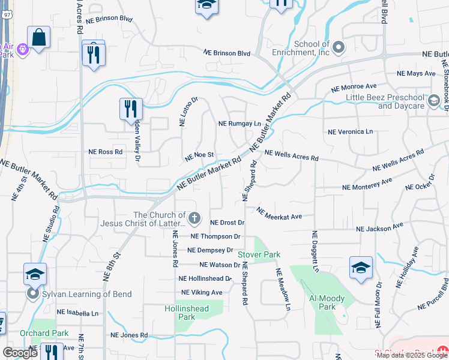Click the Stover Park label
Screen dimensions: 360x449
[x=259, y=254]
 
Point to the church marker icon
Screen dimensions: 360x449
[x=194, y=217]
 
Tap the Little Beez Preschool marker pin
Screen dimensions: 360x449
[x=434, y=101]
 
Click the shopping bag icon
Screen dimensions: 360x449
[x=38, y=38]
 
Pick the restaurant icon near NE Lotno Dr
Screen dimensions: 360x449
[x=131, y=109]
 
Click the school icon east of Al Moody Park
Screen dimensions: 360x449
[x=361, y=268]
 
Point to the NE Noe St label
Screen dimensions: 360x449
[x=200, y=156]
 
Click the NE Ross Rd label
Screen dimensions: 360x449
[x=106, y=152]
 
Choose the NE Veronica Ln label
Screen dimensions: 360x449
[x=350, y=131]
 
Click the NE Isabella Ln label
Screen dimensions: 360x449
[x=77, y=313]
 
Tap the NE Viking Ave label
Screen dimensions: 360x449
[x=200, y=292]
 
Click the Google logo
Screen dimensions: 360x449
[x=20, y=353]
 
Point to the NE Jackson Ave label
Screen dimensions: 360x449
[x=379, y=228]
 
